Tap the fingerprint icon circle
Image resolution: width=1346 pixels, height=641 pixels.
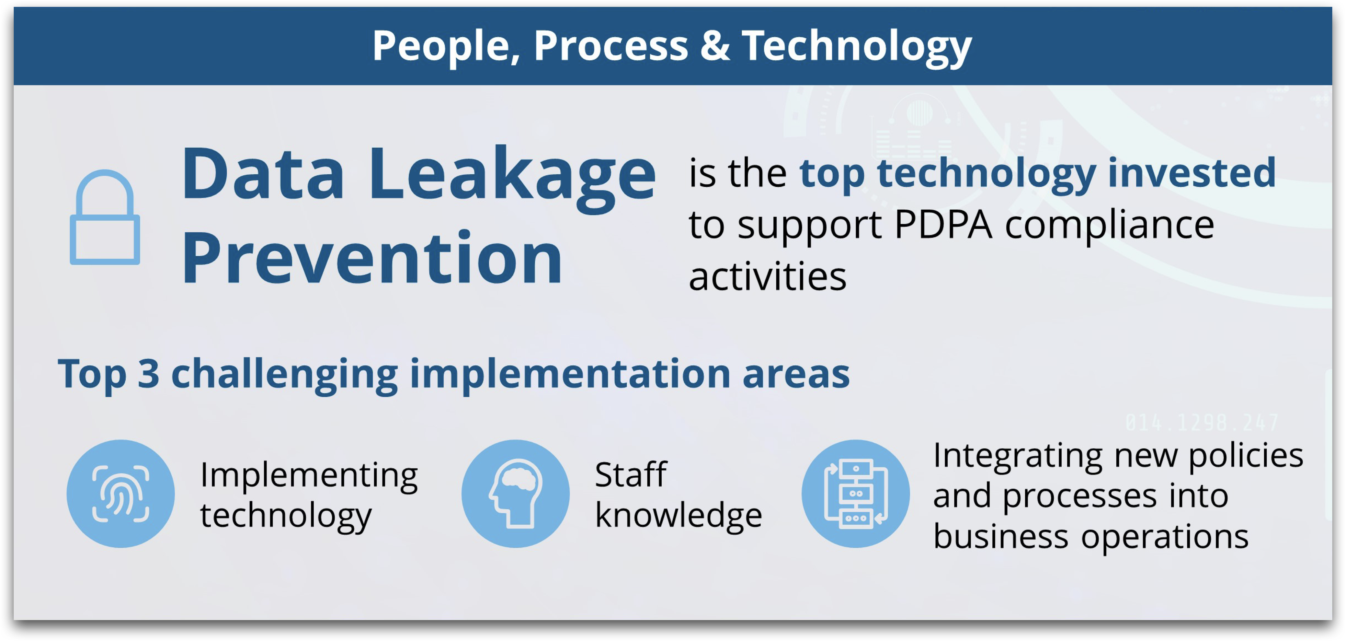pyautogui.click(x=121, y=493)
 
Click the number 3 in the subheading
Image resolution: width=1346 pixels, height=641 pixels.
pyautogui.click(x=148, y=374)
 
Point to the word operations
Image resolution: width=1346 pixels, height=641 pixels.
pyautogui.click(x=1165, y=537)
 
